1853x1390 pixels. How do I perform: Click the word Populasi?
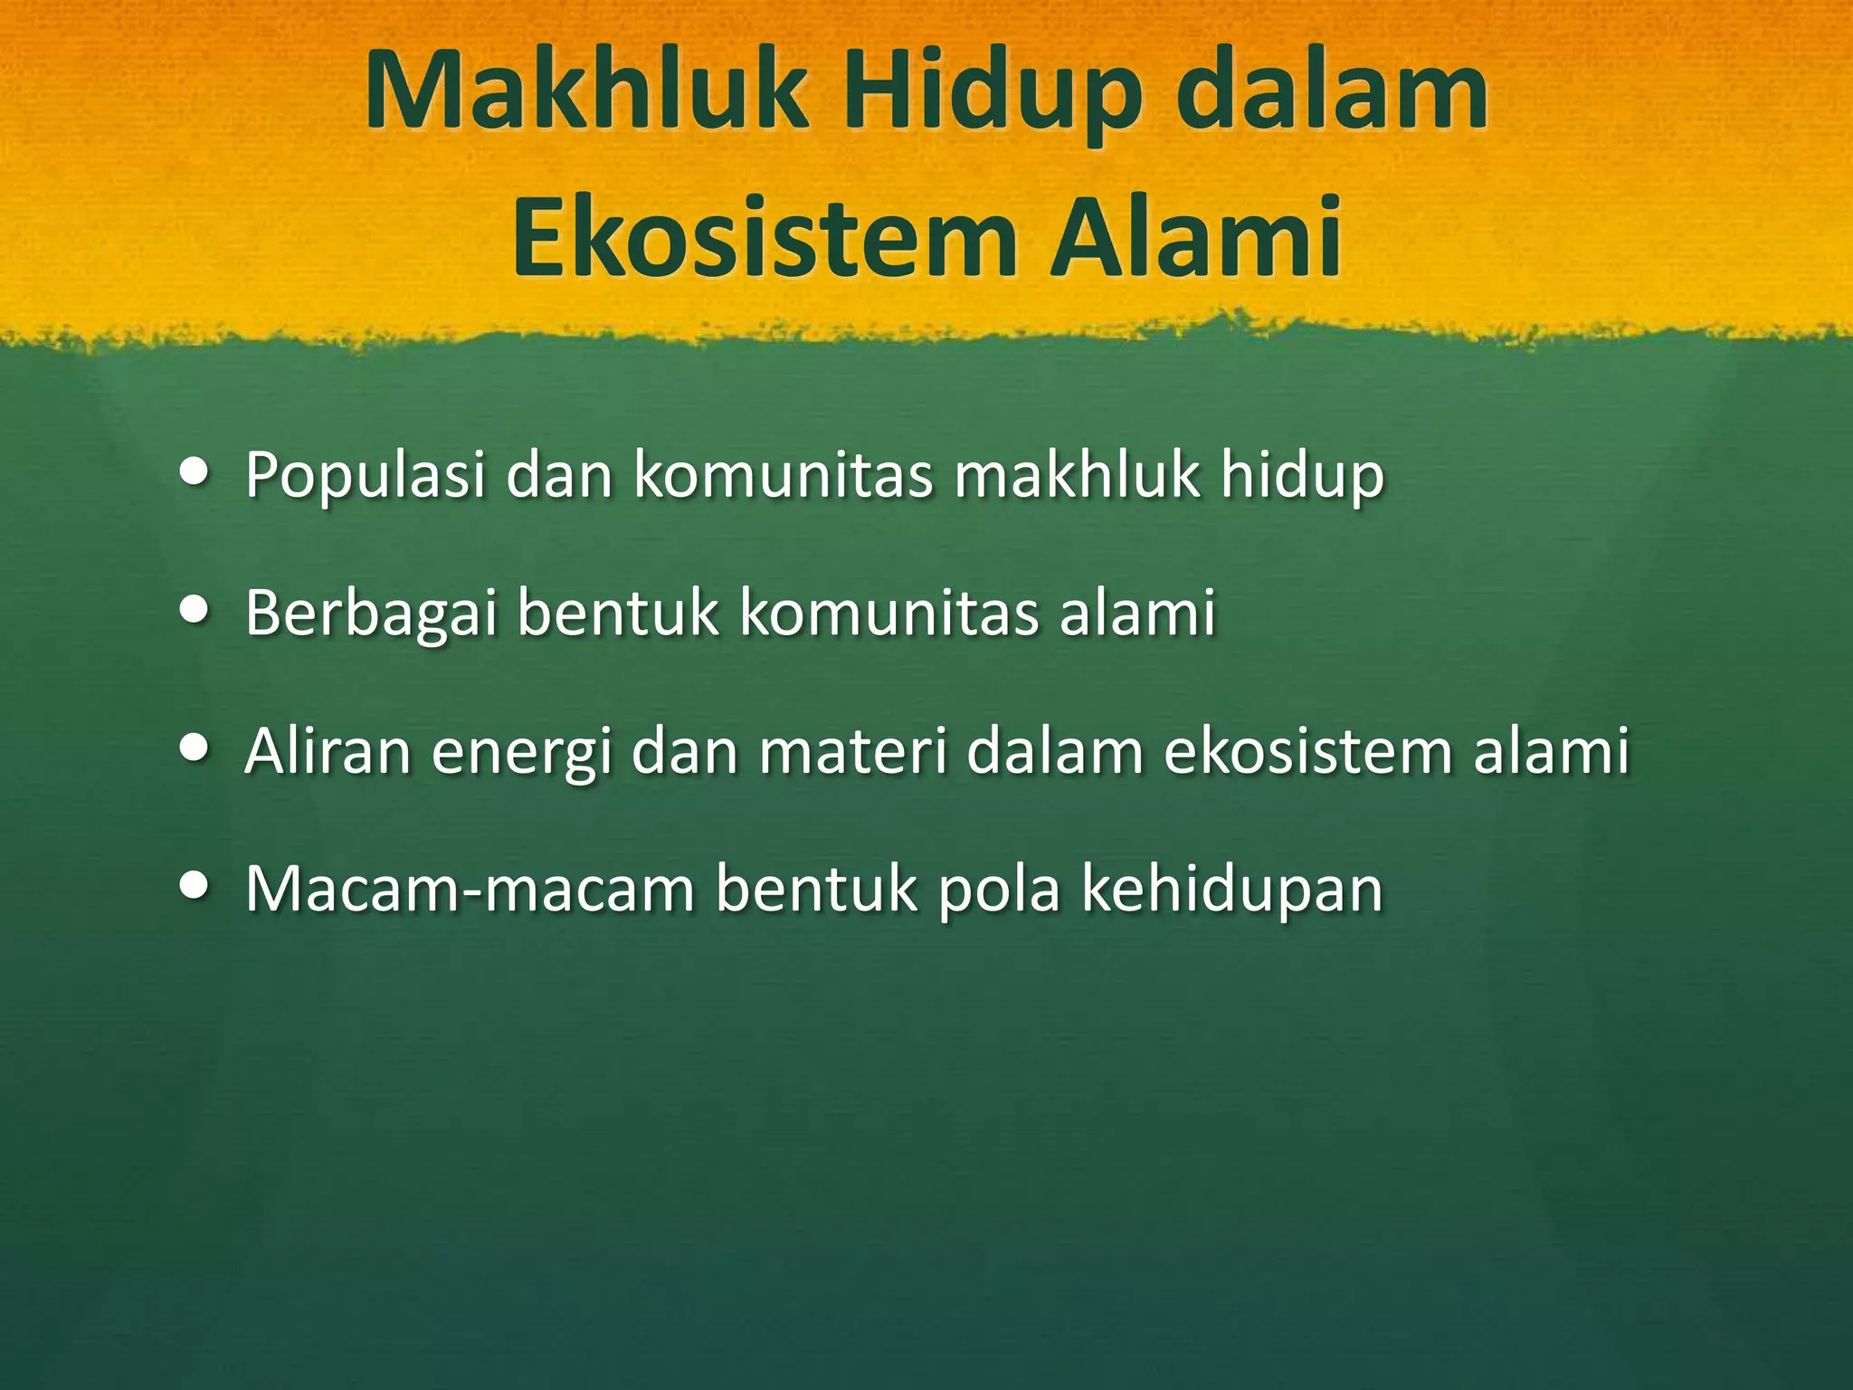[366, 476]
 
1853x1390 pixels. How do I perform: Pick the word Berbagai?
[371, 614]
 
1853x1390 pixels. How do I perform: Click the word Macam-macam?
[470, 889]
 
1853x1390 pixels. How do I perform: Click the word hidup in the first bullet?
[1302, 476]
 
